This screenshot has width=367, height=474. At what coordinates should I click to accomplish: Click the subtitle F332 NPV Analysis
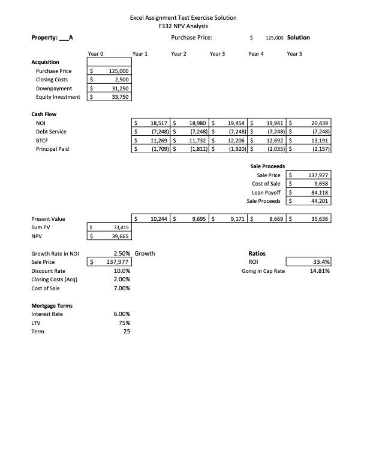(x=183, y=26)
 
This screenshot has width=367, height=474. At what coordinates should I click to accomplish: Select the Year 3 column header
(x=217, y=54)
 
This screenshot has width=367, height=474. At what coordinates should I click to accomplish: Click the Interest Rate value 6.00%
(x=122, y=314)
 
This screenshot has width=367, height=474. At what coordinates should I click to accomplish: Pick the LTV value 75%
(x=125, y=323)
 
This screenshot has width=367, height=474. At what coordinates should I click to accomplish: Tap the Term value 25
(x=127, y=331)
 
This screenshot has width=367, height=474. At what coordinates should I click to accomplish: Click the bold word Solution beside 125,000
(x=299, y=37)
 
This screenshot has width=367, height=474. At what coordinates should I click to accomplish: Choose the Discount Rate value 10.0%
(x=122, y=271)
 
